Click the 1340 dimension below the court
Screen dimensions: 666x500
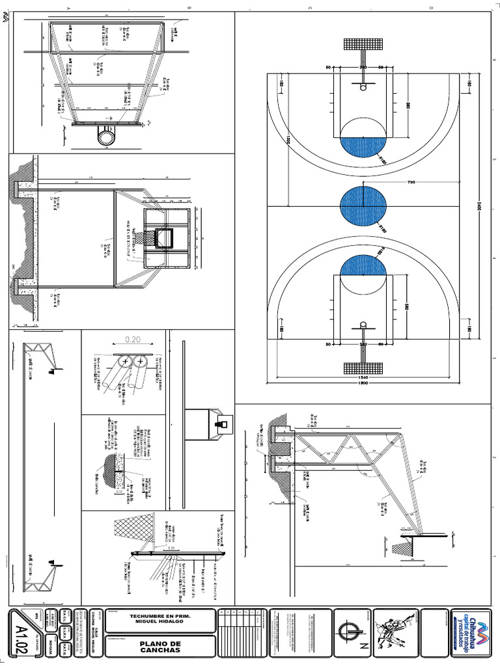tap(363, 375)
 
